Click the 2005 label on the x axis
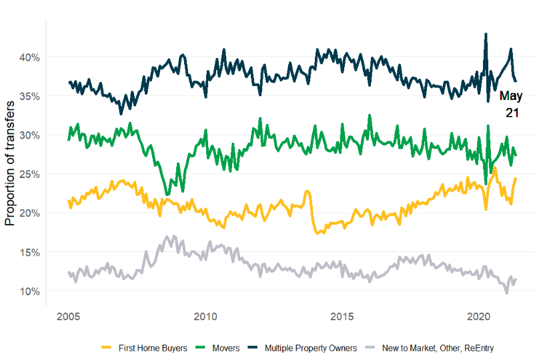[69, 315]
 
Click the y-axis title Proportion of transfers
[11, 164]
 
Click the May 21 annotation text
[511, 105]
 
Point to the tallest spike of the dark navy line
[486, 34]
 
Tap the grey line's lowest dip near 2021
[506, 292]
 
